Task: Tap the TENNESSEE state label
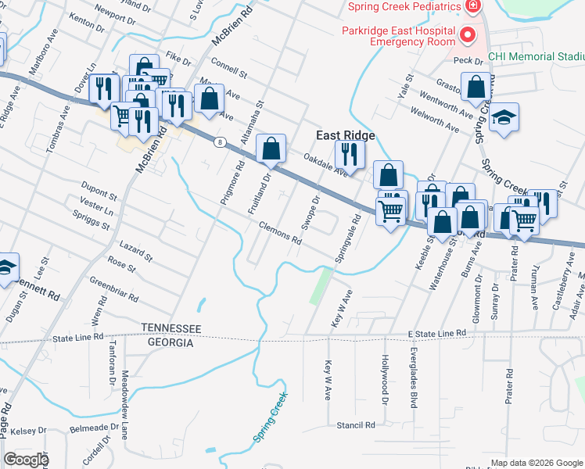pos(171,328)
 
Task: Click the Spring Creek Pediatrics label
pos(404,6)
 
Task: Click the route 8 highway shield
pos(221,141)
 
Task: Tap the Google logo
pos(27,460)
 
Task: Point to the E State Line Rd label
pos(437,333)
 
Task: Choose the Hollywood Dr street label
pos(385,380)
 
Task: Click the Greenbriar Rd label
pos(113,288)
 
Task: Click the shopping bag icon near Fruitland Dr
pos(271,149)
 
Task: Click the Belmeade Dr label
pos(95,429)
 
